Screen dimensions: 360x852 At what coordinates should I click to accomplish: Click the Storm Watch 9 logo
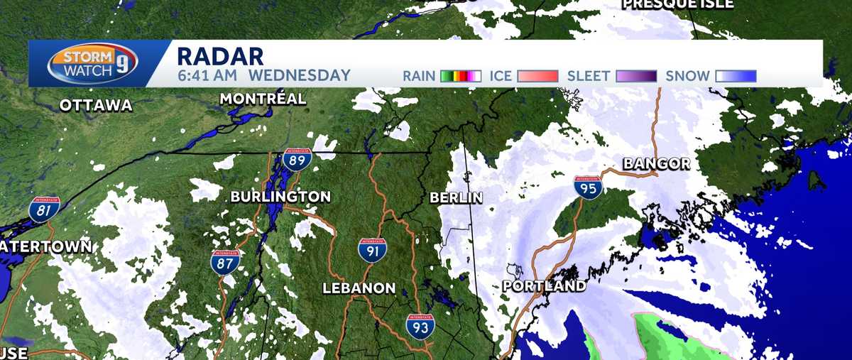coord(92,63)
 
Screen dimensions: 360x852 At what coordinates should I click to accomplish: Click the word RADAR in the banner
coord(219,55)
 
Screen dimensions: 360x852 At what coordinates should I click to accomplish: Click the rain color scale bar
coord(461,76)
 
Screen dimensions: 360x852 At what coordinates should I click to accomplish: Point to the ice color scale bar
coord(538,76)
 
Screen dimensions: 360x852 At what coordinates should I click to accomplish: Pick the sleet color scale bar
coord(636,76)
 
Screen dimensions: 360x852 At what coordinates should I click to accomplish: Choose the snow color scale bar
coord(736,76)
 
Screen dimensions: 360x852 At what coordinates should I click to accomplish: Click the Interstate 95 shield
coord(589,187)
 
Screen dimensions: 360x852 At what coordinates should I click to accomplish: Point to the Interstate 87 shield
coord(224,261)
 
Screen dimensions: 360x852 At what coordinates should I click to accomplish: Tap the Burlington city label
coord(280,197)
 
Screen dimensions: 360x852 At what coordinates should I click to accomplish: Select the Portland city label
coord(544,286)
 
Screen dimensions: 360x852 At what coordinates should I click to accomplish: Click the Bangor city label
coord(656,164)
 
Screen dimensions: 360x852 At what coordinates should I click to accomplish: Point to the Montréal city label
coord(263,99)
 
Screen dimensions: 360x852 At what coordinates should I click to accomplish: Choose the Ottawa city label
coord(96,105)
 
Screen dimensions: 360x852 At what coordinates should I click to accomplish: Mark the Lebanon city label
coord(359,288)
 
